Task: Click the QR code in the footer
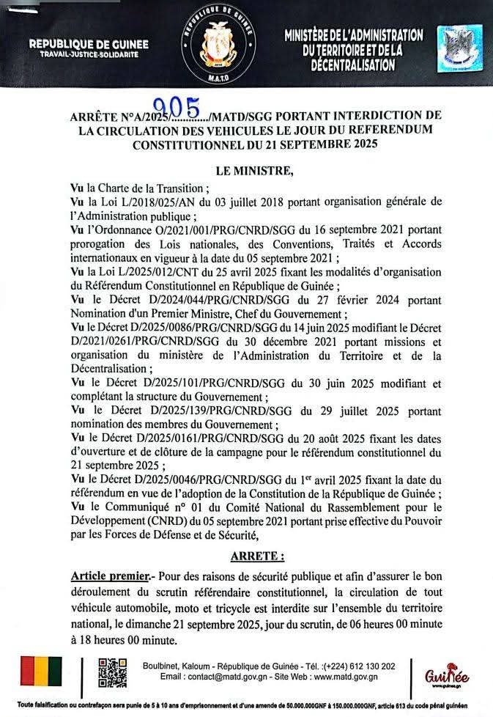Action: [108, 674]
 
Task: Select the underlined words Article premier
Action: [108, 574]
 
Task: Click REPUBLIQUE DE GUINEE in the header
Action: [89, 45]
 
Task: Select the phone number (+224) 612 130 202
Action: [355, 666]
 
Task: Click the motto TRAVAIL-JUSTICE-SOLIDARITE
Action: [88, 56]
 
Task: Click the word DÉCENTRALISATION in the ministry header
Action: [353, 65]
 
